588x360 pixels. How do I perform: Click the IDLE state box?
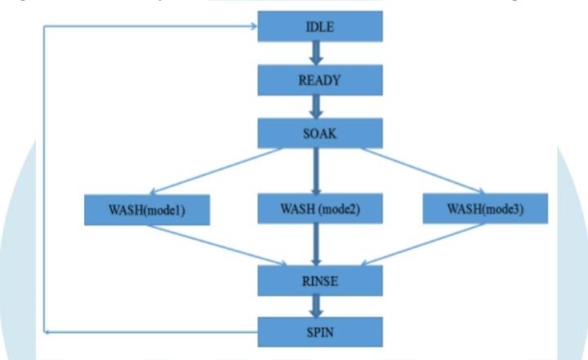coord(320,26)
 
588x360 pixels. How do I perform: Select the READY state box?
coord(320,80)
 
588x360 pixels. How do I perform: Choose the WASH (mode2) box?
coord(320,208)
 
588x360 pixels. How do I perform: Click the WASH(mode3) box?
coord(485,208)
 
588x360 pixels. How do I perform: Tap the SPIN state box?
coord(320,331)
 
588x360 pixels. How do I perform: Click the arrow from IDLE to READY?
coord(315,53)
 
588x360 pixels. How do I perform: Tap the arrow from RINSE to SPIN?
coord(315,306)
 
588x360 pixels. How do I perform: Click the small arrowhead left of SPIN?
coord(48,331)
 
